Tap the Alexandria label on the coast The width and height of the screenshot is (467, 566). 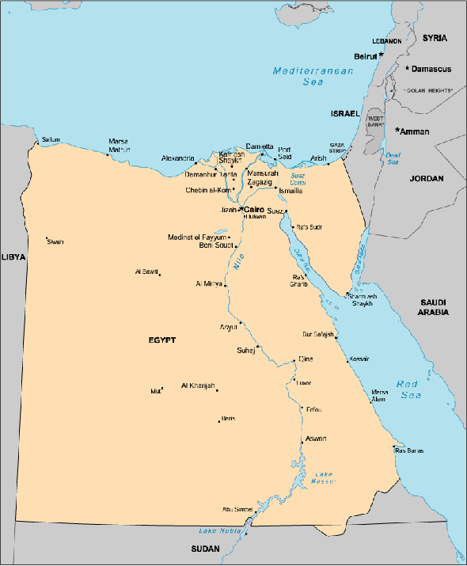(178, 158)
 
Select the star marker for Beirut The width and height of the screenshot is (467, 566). (381, 54)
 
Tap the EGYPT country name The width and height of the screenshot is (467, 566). (161, 340)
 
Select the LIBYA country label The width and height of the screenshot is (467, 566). (13, 257)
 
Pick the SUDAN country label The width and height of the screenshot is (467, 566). (206, 548)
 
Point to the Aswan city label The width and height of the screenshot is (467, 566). (315, 439)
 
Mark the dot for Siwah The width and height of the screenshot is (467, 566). (47, 237)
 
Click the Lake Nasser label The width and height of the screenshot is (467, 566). (322, 477)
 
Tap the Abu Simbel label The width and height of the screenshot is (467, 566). (238, 509)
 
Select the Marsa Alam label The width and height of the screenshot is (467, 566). (380, 396)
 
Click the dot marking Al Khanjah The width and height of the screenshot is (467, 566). (217, 389)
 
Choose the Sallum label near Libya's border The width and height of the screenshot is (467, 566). (51, 139)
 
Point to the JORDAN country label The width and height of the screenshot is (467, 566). (427, 179)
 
